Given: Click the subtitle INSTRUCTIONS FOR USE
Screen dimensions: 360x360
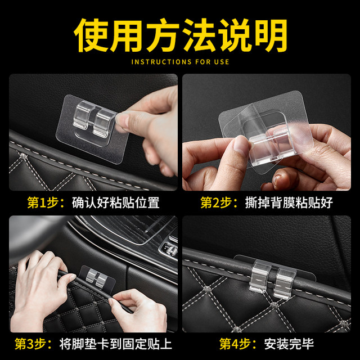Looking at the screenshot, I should tap(180, 61).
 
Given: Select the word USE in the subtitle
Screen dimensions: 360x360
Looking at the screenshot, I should tap(220, 61).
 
